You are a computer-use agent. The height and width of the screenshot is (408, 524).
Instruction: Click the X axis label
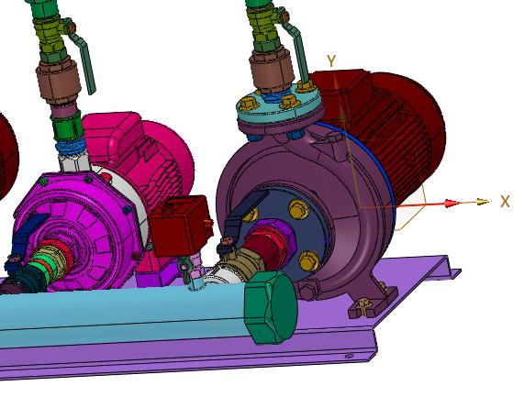[505, 202]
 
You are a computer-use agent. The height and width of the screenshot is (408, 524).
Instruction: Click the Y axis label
[331, 61]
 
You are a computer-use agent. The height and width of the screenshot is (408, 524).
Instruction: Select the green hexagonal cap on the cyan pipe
[271, 307]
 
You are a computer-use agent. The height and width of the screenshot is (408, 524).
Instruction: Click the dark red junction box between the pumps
[181, 226]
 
